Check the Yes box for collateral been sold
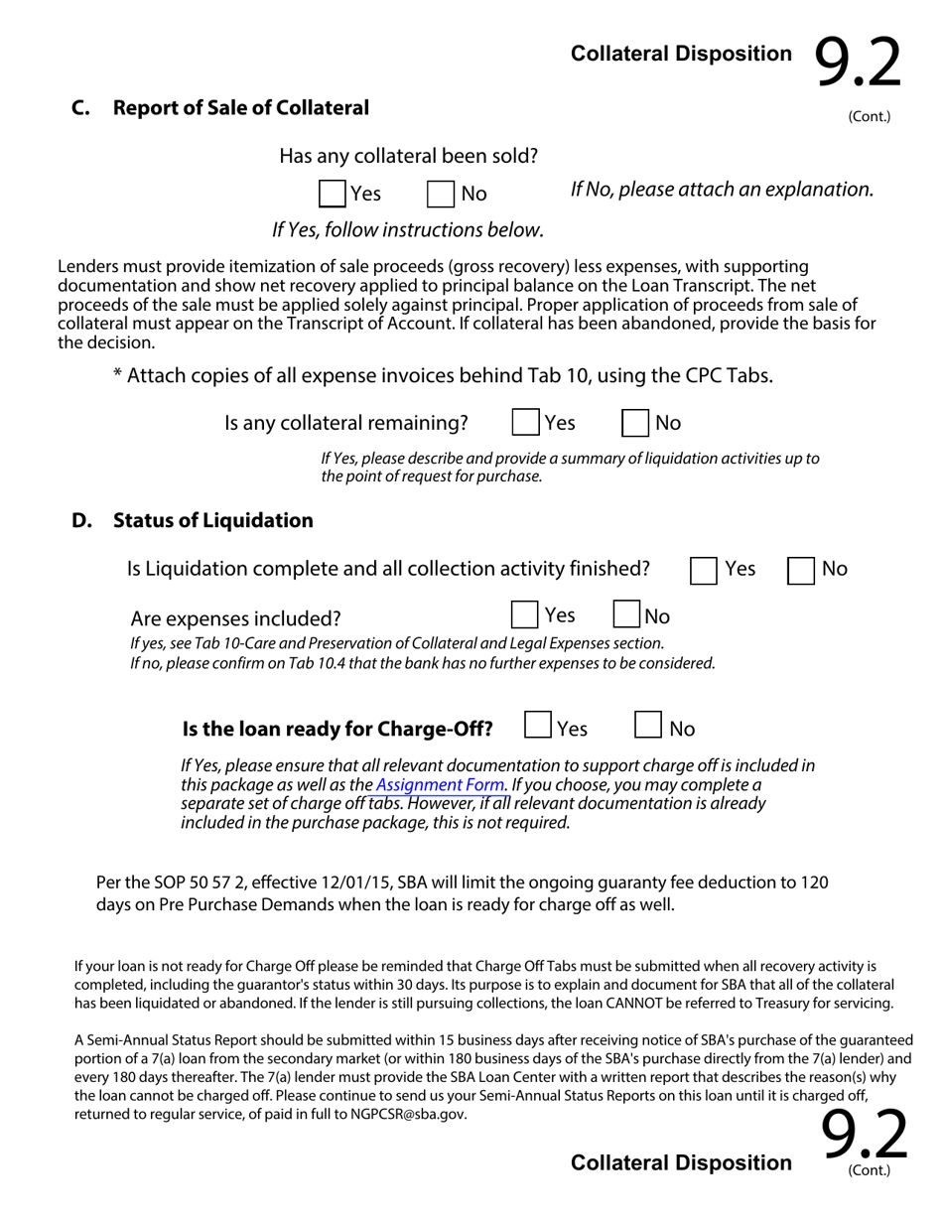(x=333, y=194)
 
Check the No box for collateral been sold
(x=441, y=194)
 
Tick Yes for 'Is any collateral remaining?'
(x=525, y=423)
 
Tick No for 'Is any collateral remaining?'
(x=635, y=423)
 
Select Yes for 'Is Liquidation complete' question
(x=704, y=570)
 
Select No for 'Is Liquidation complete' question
(x=801, y=570)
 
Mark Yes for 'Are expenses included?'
(x=524, y=614)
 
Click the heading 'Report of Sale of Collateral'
(x=241, y=108)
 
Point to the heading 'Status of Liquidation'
(x=213, y=521)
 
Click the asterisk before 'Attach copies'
(x=118, y=373)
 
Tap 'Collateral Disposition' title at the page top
(x=681, y=55)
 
